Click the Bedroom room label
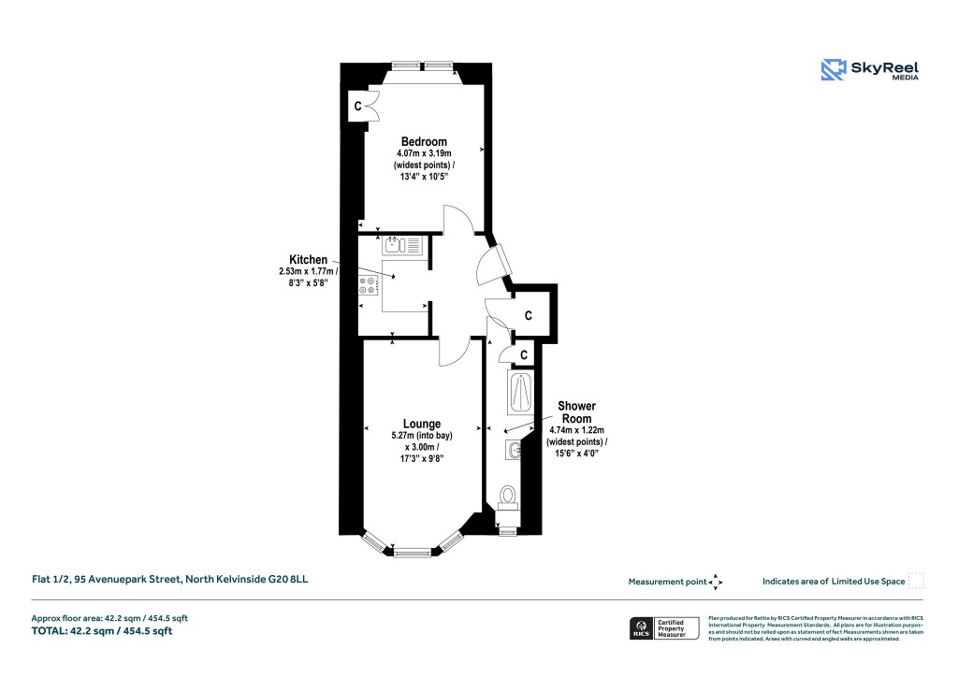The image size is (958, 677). (x=424, y=141)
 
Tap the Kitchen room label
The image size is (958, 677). (x=308, y=259)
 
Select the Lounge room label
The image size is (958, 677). (x=422, y=424)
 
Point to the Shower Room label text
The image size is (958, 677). (x=576, y=413)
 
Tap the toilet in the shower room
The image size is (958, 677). (x=508, y=496)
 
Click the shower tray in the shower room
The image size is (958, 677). (x=517, y=393)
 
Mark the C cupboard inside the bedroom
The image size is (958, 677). (x=358, y=106)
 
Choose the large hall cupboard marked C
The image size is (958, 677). (x=529, y=316)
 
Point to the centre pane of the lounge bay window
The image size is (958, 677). (x=412, y=552)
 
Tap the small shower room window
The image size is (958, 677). (x=507, y=532)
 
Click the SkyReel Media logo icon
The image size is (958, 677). (x=833, y=70)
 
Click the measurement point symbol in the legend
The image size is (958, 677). (x=716, y=582)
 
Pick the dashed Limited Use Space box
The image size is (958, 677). (x=916, y=581)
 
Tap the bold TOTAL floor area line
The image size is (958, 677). (x=102, y=631)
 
